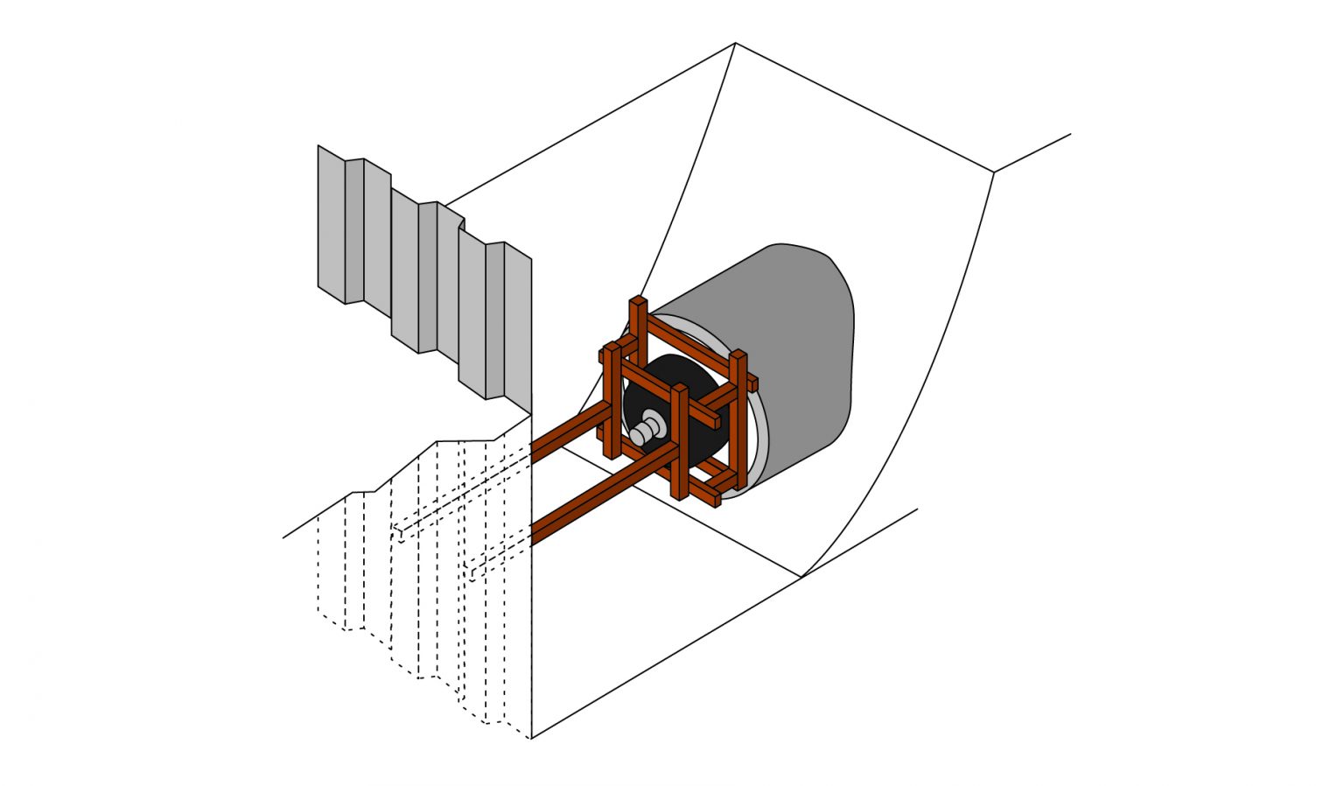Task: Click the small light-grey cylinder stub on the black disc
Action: pyautogui.click(x=647, y=430)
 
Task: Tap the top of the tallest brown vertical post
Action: pyautogui.click(x=638, y=304)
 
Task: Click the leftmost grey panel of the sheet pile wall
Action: pyautogui.click(x=332, y=223)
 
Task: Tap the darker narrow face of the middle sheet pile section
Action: pyautogui.click(x=427, y=276)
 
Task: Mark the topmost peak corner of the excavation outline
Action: pyautogui.click(x=735, y=43)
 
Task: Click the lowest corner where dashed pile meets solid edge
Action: pyautogui.click(x=531, y=738)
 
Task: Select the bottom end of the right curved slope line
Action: pyautogui.click(x=801, y=576)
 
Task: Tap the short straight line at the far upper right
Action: pyautogui.click(x=1032, y=153)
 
